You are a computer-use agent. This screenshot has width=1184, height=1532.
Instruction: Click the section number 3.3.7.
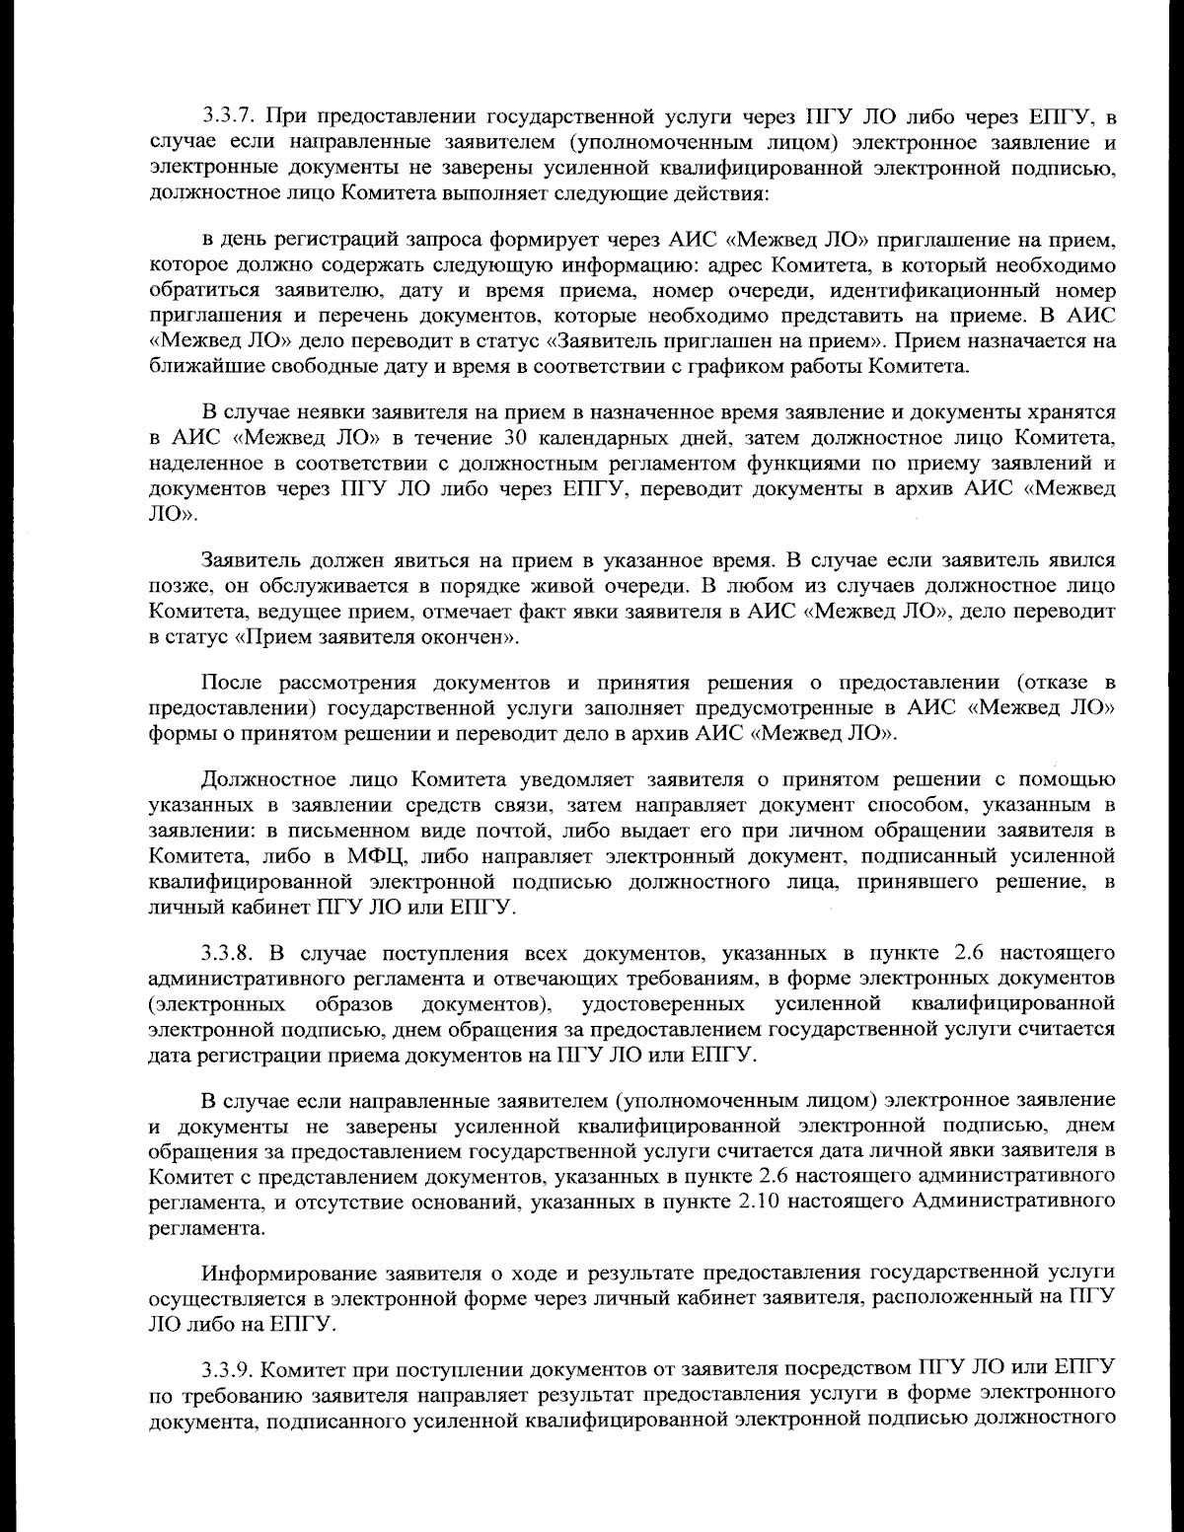[x=227, y=119]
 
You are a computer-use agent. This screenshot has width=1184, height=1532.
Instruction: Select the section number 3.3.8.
[x=227, y=953]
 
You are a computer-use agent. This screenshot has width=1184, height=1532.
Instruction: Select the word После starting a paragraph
[x=232, y=683]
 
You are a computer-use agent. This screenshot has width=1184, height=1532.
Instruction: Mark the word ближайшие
[x=193, y=368]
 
